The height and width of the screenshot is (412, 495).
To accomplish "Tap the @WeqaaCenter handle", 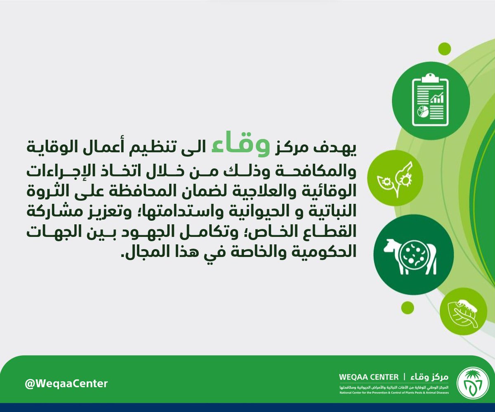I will (66, 384).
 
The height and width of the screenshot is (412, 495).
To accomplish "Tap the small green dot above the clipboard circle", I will (444, 48).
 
